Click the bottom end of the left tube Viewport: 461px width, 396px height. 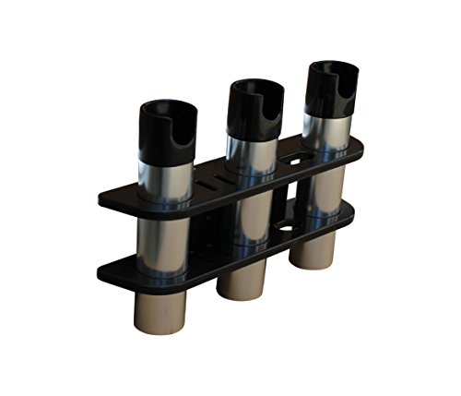coord(165,309)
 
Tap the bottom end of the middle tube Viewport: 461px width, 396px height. coord(242,282)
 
